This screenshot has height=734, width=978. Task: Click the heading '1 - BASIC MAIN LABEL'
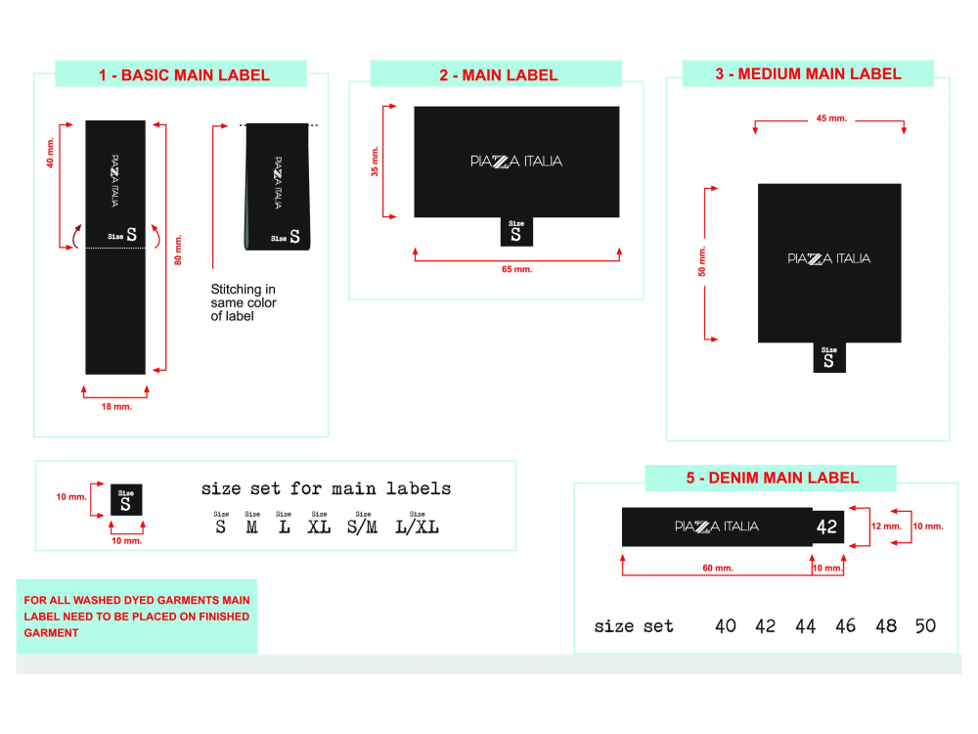(x=184, y=75)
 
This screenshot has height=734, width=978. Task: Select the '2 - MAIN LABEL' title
(x=498, y=75)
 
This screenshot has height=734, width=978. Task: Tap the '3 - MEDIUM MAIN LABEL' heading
(x=809, y=74)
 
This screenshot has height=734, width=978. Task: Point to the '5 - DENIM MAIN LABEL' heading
(x=772, y=479)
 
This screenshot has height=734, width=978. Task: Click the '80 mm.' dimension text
(x=176, y=249)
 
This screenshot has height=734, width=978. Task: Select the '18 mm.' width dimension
(x=116, y=406)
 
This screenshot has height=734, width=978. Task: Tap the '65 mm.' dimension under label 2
(x=517, y=268)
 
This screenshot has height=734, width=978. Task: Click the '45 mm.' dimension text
(x=830, y=118)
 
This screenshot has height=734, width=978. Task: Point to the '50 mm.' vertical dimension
(x=702, y=262)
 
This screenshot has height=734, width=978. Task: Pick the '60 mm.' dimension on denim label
(x=718, y=568)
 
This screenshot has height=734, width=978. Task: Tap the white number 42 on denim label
(x=826, y=527)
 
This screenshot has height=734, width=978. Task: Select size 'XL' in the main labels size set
(x=319, y=527)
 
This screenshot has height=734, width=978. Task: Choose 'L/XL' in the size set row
(x=417, y=527)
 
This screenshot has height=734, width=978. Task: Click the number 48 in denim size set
(x=885, y=626)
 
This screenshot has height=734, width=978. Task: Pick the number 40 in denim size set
(x=726, y=626)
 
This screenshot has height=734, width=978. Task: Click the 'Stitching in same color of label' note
(x=244, y=302)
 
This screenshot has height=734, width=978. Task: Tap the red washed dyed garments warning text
(x=137, y=617)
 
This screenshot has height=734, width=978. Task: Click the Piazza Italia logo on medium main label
(x=828, y=258)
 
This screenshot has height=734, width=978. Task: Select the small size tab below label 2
(x=516, y=232)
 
